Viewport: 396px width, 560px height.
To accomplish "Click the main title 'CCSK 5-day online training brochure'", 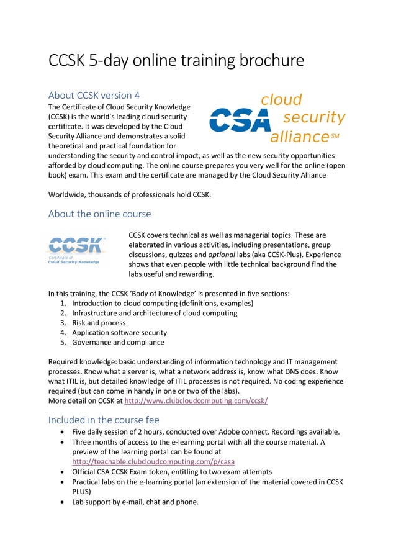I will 176,61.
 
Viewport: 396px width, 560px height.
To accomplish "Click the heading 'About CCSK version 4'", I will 94,95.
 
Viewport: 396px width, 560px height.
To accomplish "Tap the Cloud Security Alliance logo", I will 276,118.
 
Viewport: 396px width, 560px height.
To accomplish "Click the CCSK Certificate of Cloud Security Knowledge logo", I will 78,250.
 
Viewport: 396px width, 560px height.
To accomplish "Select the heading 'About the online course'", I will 99,214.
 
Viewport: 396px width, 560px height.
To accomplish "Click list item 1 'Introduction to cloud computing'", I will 162,303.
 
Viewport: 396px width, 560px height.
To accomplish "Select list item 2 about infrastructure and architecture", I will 154,313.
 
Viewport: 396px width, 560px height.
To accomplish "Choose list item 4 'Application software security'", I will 119,332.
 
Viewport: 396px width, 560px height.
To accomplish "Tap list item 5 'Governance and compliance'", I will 118,342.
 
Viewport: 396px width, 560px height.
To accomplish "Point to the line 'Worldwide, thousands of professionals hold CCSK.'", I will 130,195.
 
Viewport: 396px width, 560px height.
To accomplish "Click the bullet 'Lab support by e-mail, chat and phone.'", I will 135,501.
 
